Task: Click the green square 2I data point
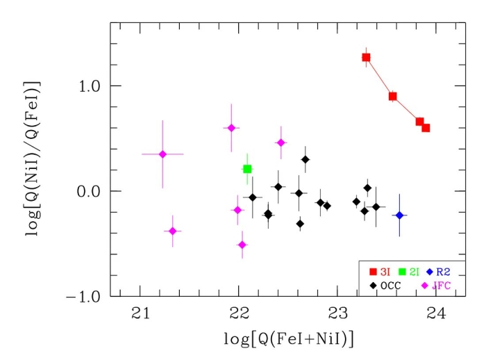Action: click(x=247, y=169)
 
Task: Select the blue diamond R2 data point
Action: click(x=399, y=215)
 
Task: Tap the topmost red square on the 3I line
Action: click(x=366, y=57)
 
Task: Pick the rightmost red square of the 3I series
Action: click(x=426, y=128)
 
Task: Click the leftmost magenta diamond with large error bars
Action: click(x=162, y=154)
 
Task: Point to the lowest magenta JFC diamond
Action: click(x=242, y=245)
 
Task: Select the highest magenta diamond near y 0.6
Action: click(x=231, y=128)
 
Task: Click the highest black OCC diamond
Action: click(x=305, y=159)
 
